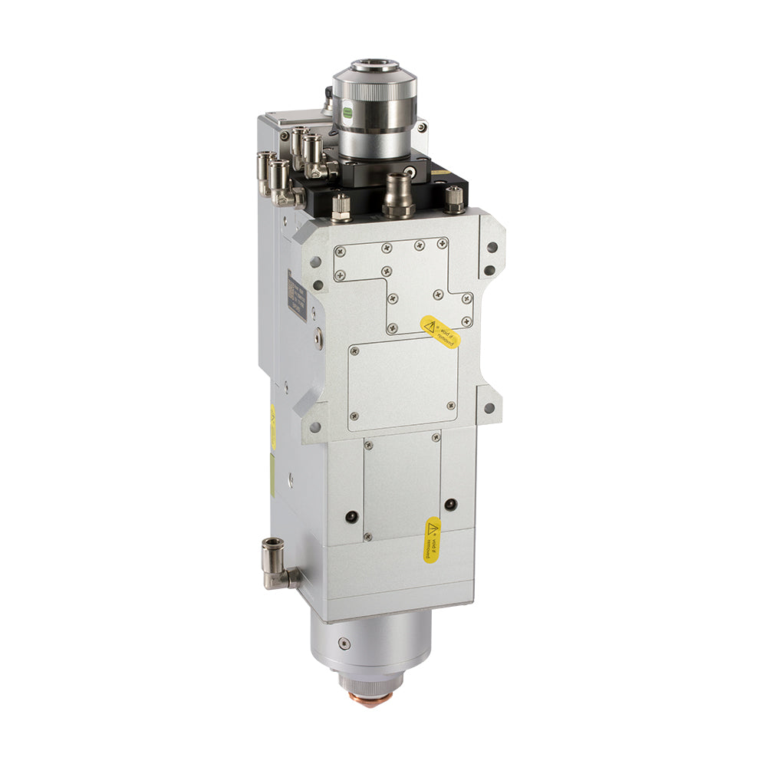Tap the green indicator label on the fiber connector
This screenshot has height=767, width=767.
(347, 112)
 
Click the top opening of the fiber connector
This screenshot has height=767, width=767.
(374, 68)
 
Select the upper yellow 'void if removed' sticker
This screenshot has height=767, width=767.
(440, 331)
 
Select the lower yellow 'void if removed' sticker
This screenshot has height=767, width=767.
(433, 539)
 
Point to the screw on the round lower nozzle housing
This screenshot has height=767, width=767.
(344, 643)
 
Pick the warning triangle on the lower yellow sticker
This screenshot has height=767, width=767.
(434, 528)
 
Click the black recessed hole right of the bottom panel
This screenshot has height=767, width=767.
(449, 504)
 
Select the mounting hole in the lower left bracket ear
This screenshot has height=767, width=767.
(315, 427)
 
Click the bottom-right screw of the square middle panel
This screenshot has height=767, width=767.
(450, 406)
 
